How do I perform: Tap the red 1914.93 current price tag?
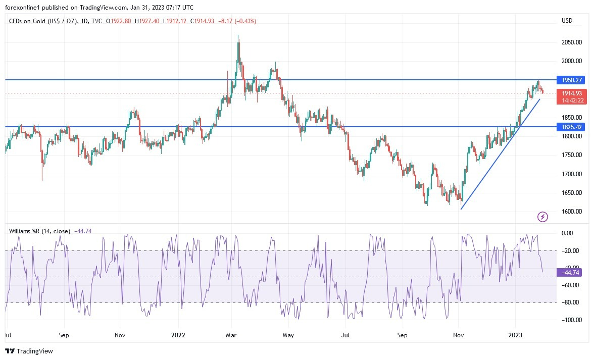[x=572, y=93]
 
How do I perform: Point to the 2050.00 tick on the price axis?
[x=572, y=42]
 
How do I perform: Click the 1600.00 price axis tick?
[x=572, y=212]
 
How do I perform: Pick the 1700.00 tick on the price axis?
[x=572, y=174]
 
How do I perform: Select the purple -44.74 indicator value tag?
[x=569, y=273]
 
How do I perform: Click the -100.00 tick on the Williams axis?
[x=571, y=320]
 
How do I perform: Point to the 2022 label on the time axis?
[x=178, y=335]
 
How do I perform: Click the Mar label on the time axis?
[x=231, y=335]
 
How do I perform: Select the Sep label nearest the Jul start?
[x=63, y=335]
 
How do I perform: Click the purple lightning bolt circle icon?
[x=542, y=217]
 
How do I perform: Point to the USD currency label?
[x=567, y=21]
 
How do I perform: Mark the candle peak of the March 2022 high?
[x=238, y=36]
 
